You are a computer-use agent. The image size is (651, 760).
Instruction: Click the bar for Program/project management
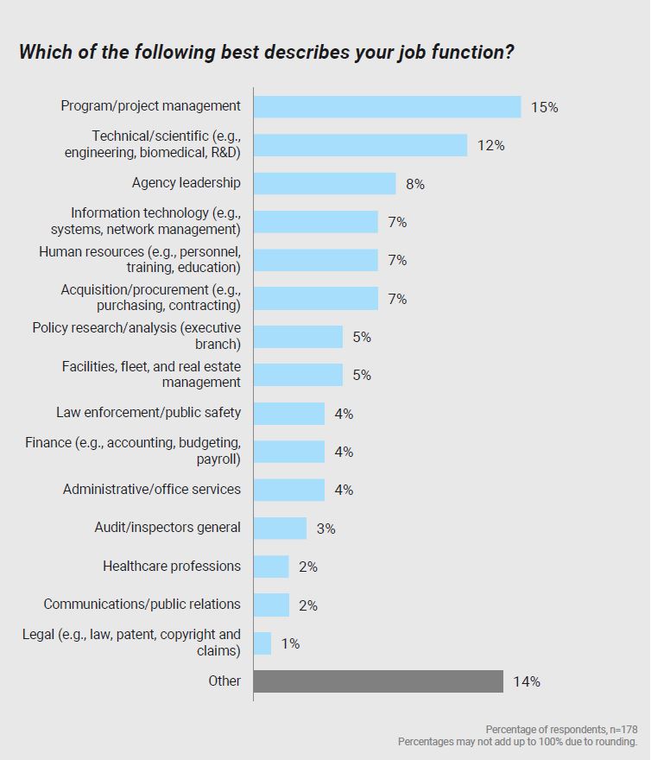click(x=387, y=106)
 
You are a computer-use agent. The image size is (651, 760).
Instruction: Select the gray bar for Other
click(x=378, y=681)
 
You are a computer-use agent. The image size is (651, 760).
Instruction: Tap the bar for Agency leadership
click(x=325, y=183)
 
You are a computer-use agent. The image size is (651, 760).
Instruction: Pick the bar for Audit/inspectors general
click(x=280, y=528)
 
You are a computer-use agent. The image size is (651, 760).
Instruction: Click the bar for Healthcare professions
click(x=271, y=567)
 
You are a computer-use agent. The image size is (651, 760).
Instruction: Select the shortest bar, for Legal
click(x=262, y=643)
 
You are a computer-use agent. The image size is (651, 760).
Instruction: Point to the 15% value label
click(x=545, y=107)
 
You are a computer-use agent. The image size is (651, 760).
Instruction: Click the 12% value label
click(x=491, y=145)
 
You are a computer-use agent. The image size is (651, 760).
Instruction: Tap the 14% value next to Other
click(x=527, y=681)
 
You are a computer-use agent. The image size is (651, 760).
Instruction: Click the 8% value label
click(x=415, y=184)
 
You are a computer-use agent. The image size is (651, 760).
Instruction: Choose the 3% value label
click(x=325, y=529)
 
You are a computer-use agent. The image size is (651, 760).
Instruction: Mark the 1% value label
click(x=290, y=643)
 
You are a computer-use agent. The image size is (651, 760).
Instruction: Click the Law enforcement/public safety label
click(x=149, y=412)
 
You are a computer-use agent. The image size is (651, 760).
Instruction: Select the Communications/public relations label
click(x=142, y=604)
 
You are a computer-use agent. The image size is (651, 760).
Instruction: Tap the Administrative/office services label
click(x=152, y=489)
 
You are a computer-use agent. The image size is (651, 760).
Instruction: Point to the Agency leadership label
click(x=186, y=182)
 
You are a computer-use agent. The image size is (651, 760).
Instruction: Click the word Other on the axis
click(x=224, y=681)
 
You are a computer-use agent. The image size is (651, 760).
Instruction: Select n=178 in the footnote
click(x=619, y=730)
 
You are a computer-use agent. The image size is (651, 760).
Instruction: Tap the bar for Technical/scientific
click(x=360, y=145)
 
